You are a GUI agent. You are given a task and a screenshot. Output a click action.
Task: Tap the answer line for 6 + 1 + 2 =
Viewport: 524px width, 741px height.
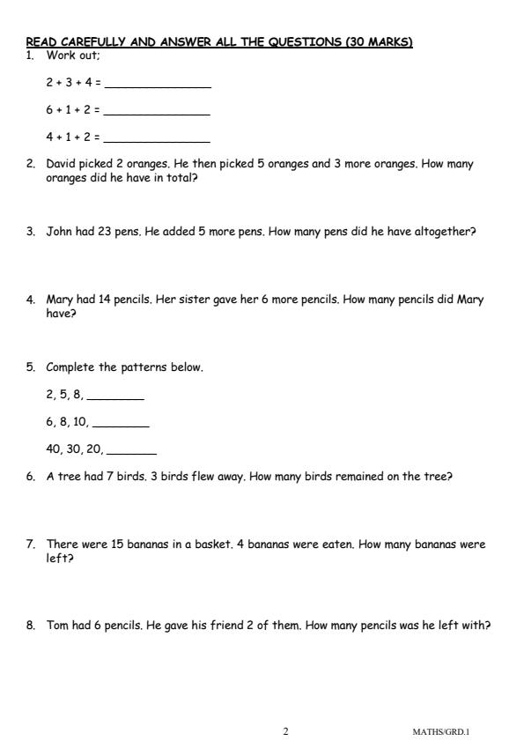click(x=156, y=114)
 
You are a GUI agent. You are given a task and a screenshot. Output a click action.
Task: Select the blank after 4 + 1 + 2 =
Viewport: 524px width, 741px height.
click(x=156, y=140)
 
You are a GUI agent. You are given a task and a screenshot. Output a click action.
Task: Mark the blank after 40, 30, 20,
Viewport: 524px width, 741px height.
click(x=130, y=450)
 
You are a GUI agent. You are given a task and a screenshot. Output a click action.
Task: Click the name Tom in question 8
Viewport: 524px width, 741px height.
click(x=56, y=626)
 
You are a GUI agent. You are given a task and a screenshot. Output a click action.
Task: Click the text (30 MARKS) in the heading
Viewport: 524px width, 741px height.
click(x=380, y=41)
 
